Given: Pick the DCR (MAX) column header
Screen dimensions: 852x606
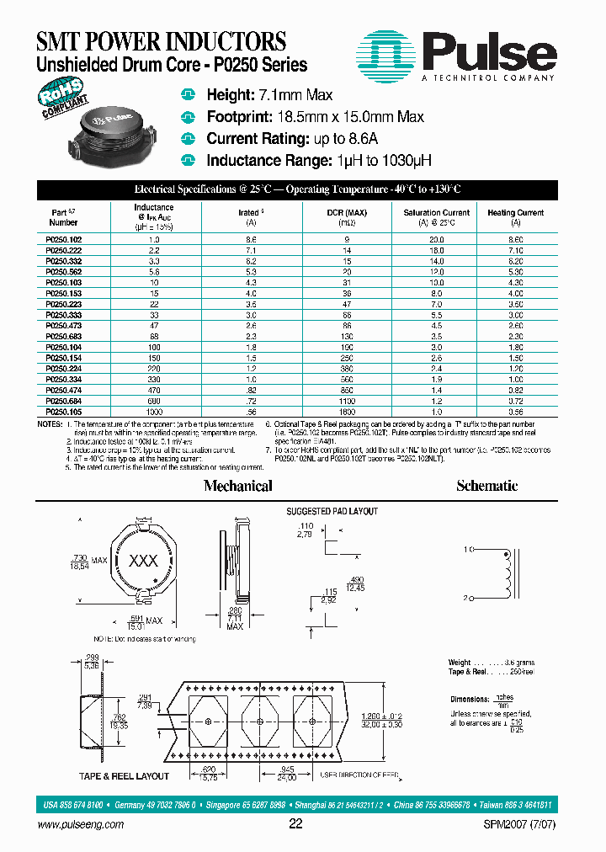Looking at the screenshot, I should [341, 218].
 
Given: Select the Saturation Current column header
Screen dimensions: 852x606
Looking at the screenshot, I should [437, 218].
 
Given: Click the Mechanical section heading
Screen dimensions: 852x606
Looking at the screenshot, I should [238, 486].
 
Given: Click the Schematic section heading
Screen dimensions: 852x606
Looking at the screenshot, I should [486, 486].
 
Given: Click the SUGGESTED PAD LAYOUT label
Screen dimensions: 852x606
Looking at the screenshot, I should [332, 511].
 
